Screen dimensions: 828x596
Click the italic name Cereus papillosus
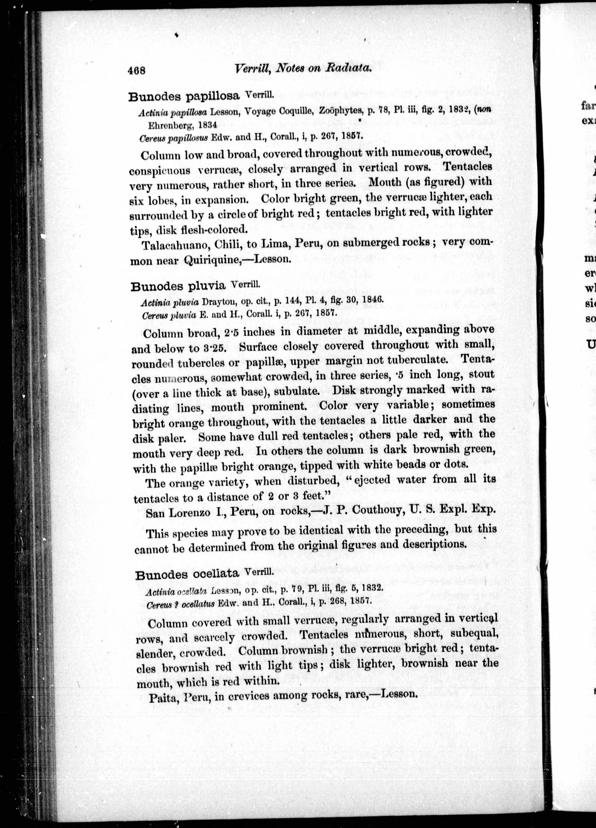(x=173, y=138)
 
